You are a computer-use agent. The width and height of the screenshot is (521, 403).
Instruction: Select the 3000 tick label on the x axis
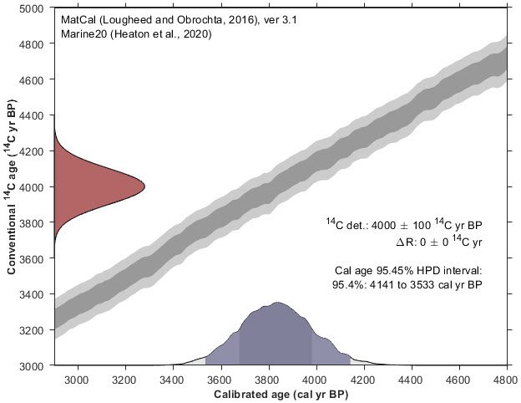[x=78, y=378]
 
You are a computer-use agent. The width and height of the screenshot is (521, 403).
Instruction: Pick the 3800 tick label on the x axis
[x=269, y=378]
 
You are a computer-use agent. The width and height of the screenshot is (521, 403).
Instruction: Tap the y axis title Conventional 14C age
[x=12, y=186]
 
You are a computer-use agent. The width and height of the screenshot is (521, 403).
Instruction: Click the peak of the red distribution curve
[x=144, y=186]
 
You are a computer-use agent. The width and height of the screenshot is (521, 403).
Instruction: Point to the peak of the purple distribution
[x=278, y=303]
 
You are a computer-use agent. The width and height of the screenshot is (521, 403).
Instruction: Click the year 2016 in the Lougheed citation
[x=216, y=18]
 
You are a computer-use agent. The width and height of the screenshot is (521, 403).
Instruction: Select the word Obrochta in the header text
[x=175, y=18]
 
